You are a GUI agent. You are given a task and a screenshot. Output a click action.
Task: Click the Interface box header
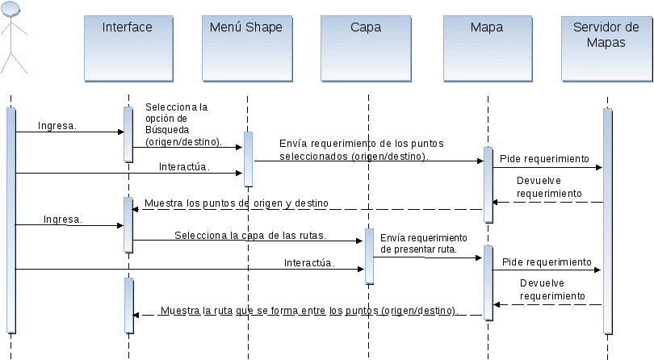[128, 48]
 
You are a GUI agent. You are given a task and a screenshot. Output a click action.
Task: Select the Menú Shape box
[247, 48]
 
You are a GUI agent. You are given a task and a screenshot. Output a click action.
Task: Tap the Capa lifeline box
[366, 48]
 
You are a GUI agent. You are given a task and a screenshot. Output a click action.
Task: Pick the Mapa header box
[488, 48]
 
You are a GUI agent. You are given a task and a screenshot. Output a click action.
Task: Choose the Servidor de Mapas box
[607, 48]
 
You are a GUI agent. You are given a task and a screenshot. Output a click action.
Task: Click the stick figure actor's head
[10, 9]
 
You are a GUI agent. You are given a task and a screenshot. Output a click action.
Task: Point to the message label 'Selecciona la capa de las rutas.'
[250, 235]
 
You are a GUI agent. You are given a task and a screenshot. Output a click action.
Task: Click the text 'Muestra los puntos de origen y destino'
[237, 203]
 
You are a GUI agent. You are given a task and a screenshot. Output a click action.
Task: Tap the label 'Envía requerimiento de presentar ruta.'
[423, 244]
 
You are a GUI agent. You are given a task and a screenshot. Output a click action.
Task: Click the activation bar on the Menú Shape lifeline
[248, 159]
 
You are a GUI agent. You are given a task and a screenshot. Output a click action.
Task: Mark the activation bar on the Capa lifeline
[369, 256]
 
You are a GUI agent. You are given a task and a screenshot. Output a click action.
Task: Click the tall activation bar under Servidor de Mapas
[608, 221]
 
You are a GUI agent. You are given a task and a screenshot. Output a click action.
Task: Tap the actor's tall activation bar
[10, 220]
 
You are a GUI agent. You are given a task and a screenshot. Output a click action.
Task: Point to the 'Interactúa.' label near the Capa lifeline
[309, 263]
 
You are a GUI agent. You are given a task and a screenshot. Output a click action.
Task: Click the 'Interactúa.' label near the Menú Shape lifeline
[184, 167]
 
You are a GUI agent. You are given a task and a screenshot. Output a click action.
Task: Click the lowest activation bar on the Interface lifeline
[129, 305]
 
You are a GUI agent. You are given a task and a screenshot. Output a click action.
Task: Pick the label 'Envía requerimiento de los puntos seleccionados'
[361, 150]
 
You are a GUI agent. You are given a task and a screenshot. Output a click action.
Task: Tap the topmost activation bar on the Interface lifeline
[128, 134]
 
